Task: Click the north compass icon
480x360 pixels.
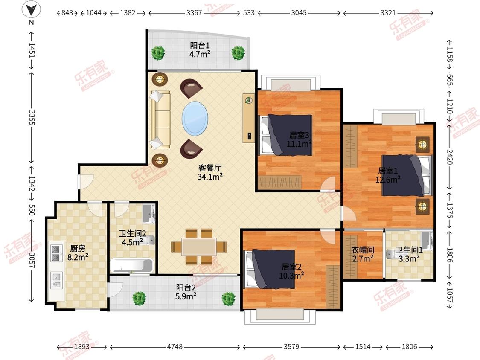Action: pyautogui.click(x=31, y=10)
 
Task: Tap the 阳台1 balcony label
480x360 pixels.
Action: pyautogui.click(x=200, y=45)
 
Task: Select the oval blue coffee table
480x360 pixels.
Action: pyautogui.click(x=195, y=119)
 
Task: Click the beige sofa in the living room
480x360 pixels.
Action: pyautogui.click(x=160, y=120)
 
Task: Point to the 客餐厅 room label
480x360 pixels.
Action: pyautogui.click(x=209, y=168)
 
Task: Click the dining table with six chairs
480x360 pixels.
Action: pyautogui.click(x=199, y=247)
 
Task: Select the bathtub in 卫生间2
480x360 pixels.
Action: pyautogui.click(x=132, y=265)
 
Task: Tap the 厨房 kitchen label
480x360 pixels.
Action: pyautogui.click(x=78, y=248)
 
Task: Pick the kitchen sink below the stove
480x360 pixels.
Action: pyautogui.click(x=56, y=281)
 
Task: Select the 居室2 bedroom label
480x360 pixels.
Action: pyautogui.click(x=291, y=267)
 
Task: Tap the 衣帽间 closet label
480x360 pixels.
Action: pyautogui.click(x=363, y=250)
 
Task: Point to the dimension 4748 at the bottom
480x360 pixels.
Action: pyautogui.click(x=175, y=347)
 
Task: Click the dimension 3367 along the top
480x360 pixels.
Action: pyautogui.click(x=194, y=13)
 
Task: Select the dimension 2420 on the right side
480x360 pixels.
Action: pyautogui.click(x=450, y=157)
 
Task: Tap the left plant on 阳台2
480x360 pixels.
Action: pyautogui.click(x=139, y=299)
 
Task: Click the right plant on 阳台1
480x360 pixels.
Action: pyautogui.click(x=238, y=53)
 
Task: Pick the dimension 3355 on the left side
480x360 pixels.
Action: pyautogui.click(x=32, y=118)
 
